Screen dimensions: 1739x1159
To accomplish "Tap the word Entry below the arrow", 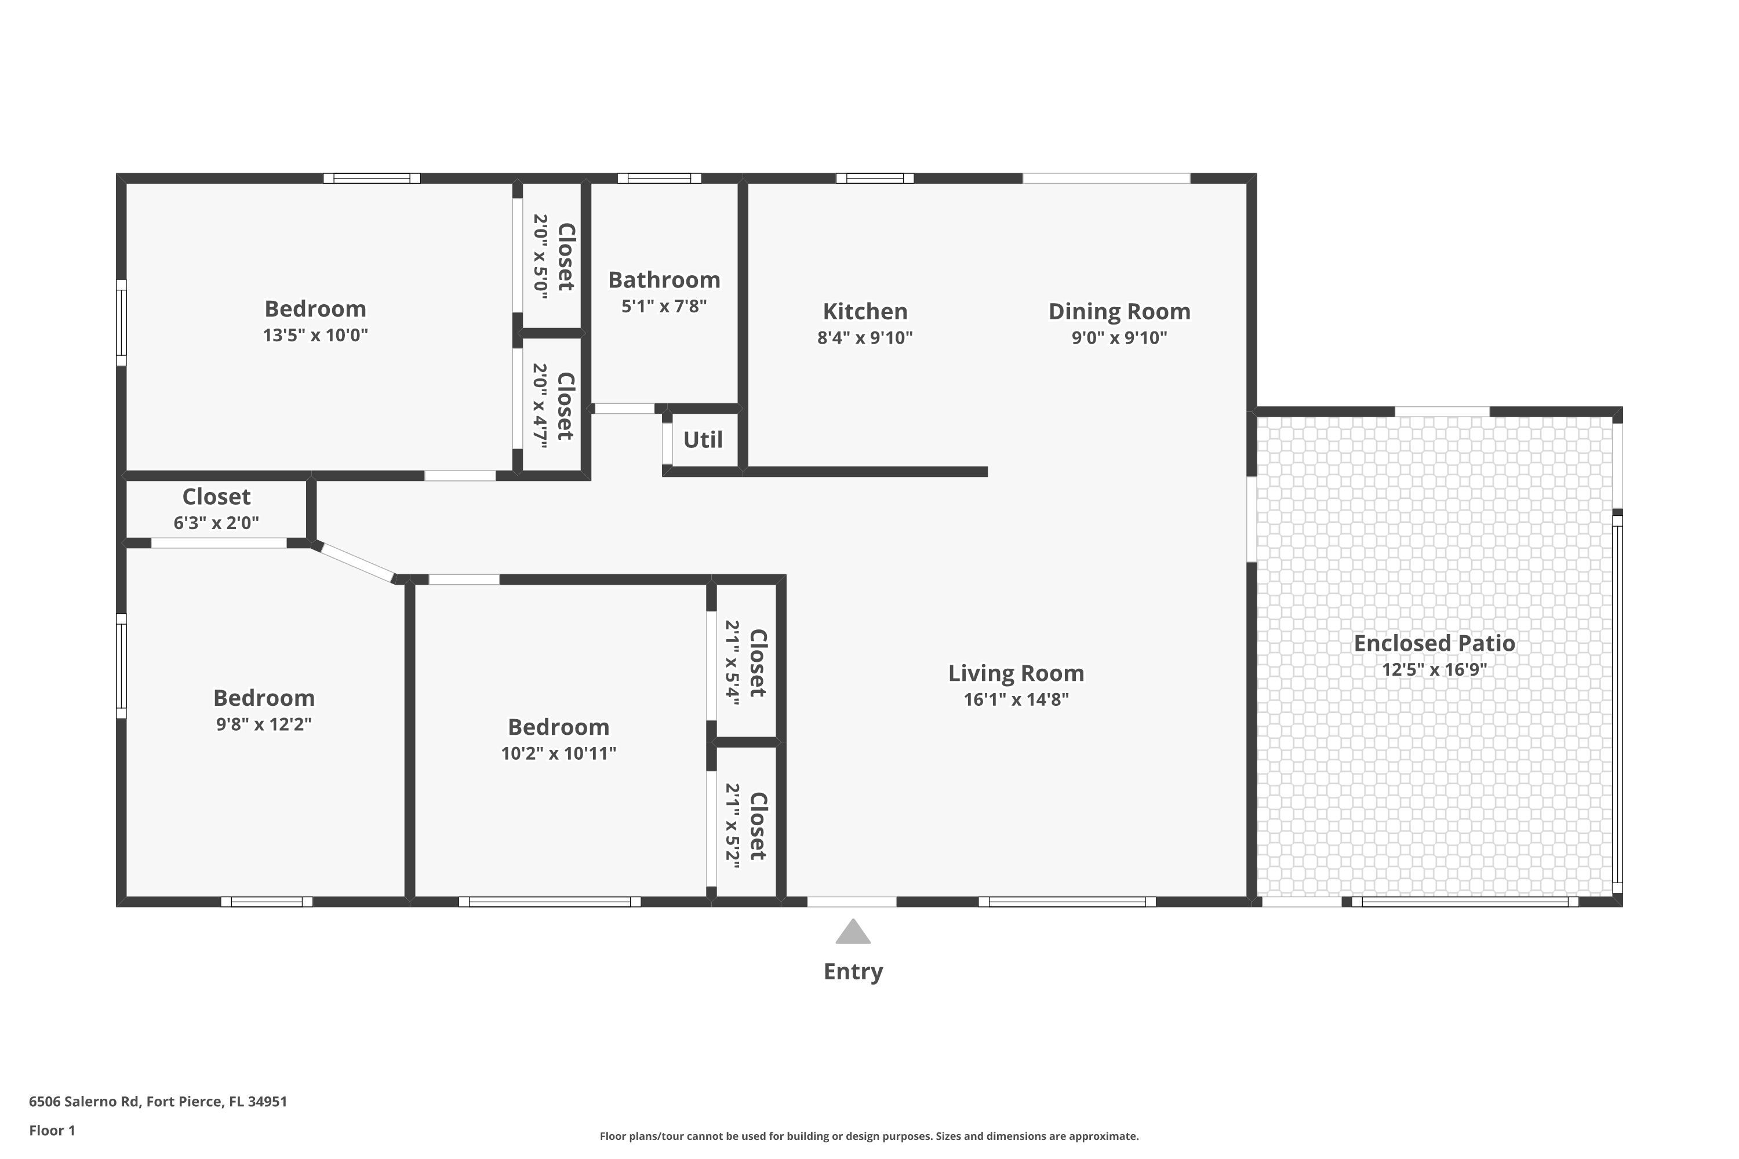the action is click(853, 971).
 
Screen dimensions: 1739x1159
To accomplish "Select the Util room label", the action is click(703, 440).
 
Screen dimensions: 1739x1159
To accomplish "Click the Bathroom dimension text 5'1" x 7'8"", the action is click(664, 306).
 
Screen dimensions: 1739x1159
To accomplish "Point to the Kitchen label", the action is click(865, 311).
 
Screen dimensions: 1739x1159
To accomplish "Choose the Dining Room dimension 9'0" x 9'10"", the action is click(1119, 338).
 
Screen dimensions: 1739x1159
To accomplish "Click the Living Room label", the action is click(1016, 673).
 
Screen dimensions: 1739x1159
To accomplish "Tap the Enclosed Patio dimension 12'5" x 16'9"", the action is click(1434, 670).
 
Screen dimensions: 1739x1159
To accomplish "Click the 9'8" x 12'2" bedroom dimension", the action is click(264, 724).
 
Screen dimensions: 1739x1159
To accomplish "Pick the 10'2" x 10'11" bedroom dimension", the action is click(558, 753).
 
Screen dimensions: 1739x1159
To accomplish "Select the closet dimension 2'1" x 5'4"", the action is click(732, 663).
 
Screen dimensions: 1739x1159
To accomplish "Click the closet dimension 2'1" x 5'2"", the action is click(732, 826).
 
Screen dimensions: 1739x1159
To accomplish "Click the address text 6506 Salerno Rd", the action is click(83, 1102).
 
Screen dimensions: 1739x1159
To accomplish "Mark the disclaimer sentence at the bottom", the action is click(869, 1136).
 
